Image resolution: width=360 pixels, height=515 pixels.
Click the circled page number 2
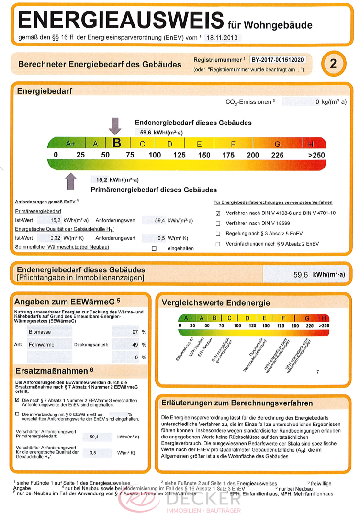click(x=333, y=64)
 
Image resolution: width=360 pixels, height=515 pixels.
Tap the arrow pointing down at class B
click(x=115, y=125)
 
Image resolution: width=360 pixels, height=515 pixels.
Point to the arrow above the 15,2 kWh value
click(x=71, y=182)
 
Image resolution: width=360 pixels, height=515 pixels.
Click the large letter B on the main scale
click(x=116, y=143)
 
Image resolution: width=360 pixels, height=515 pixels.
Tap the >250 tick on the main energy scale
click(x=316, y=155)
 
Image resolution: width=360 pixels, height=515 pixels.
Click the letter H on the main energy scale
click(x=311, y=143)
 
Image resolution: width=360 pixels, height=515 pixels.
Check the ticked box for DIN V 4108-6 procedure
click(x=218, y=213)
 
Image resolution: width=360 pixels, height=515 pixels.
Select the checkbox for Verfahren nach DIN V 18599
click(x=218, y=224)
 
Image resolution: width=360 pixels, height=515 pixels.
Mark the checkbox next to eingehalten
click(x=154, y=249)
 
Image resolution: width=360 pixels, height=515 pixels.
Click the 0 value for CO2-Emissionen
click(x=317, y=102)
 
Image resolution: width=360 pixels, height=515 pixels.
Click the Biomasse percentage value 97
click(x=135, y=332)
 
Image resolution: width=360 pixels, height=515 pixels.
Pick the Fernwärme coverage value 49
click(x=135, y=345)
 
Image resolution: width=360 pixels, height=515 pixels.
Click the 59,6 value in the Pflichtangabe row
click(x=301, y=275)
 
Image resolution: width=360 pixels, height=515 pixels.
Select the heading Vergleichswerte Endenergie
click(x=215, y=302)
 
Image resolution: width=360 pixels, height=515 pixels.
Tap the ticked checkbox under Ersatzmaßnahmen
click(x=18, y=400)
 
